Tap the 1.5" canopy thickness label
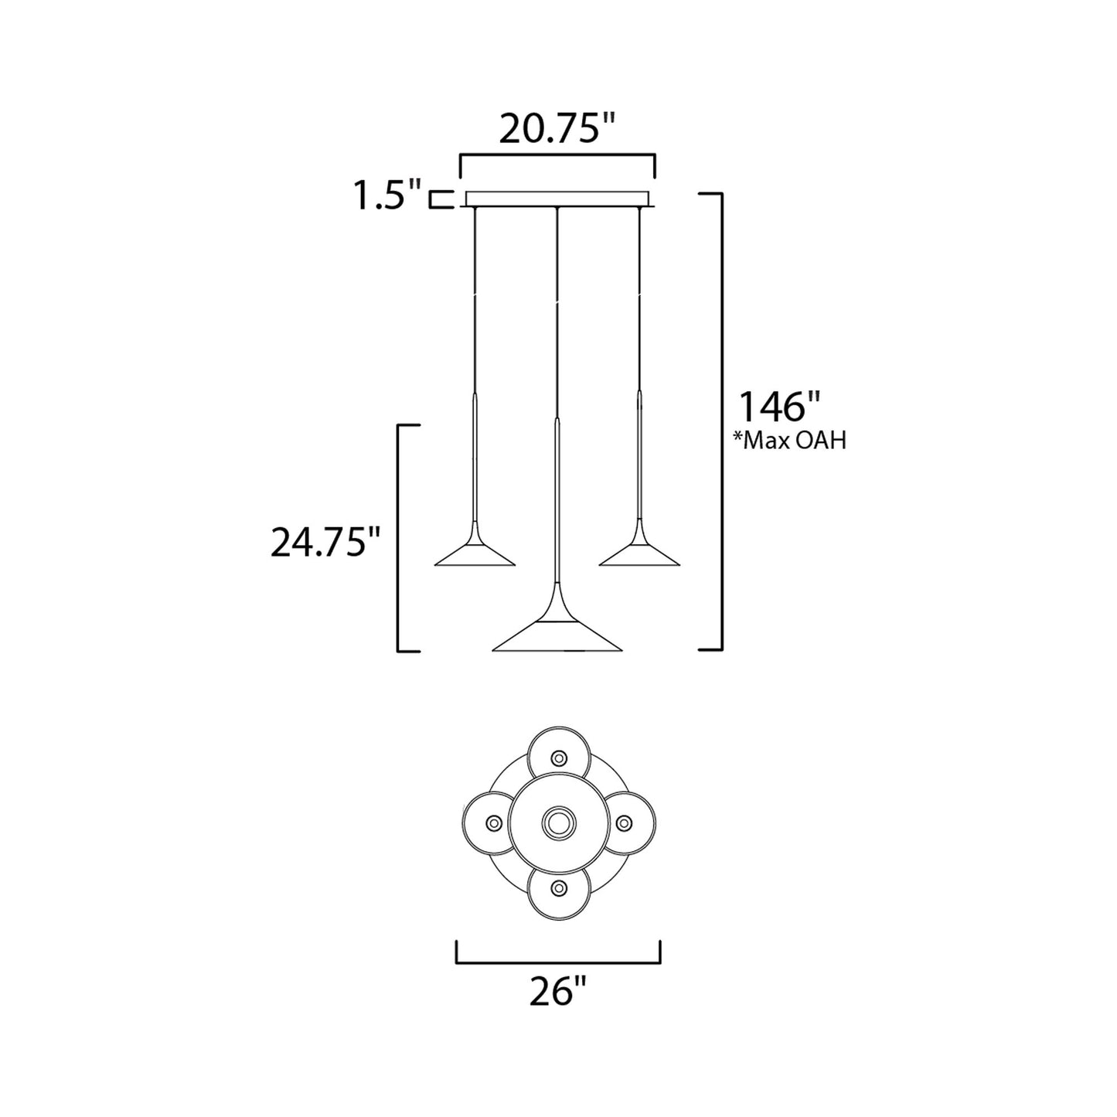click(x=387, y=195)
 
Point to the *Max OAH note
click(x=789, y=441)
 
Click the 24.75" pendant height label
click(x=325, y=543)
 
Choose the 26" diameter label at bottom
click(x=558, y=992)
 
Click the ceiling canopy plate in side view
click(x=558, y=199)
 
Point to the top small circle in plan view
click(x=558, y=756)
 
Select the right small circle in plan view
click(x=625, y=822)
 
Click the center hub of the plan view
click(x=558, y=822)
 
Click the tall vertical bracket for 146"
click(x=721, y=421)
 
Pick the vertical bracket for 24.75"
click(x=398, y=537)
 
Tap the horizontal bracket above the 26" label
click(x=558, y=963)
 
